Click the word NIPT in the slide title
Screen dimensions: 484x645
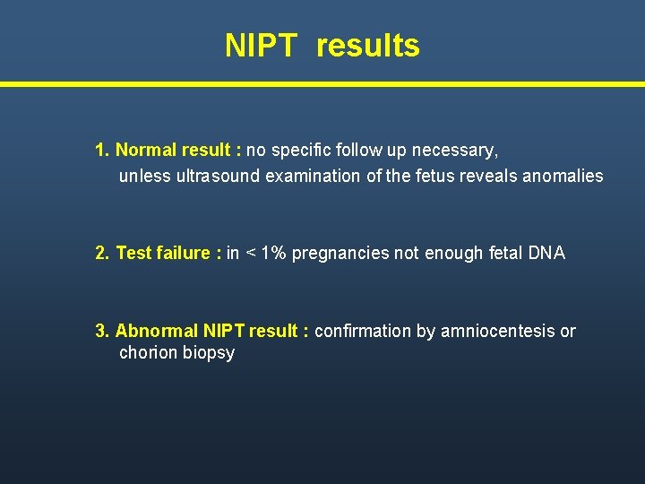click(260, 46)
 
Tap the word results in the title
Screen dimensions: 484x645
click(367, 46)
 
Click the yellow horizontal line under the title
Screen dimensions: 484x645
click(322, 84)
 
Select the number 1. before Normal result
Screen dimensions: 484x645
click(102, 150)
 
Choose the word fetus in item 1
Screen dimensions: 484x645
click(430, 176)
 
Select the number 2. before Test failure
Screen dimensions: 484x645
click(103, 253)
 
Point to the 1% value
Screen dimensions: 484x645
click(272, 253)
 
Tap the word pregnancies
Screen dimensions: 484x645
click(341, 254)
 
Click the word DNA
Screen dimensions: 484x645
click(546, 253)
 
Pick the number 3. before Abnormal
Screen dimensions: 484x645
click(103, 331)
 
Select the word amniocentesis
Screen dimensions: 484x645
click(498, 331)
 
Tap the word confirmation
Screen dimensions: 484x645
click(364, 331)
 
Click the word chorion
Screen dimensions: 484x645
click(148, 352)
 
